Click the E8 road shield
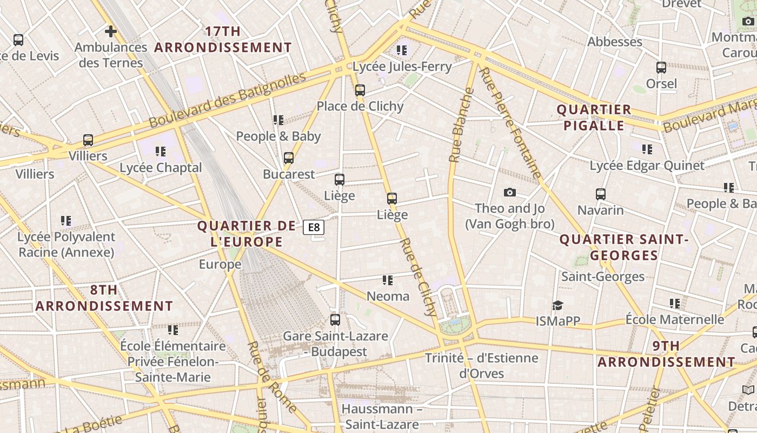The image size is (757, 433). (x=314, y=227)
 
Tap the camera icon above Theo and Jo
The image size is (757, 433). (x=509, y=192)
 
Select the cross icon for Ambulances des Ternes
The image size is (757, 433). (x=111, y=31)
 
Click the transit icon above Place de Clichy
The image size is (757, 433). (x=360, y=90)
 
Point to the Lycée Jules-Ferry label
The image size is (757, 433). (x=402, y=67)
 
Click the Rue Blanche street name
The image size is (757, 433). (x=461, y=125)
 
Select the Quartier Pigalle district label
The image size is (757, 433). (x=594, y=117)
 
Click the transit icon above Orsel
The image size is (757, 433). (x=661, y=68)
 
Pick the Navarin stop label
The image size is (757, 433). (x=600, y=210)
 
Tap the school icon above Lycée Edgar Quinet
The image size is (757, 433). (x=647, y=149)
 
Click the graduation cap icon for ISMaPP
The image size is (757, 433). (x=557, y=306)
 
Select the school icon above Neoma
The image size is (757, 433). (x=388, y=280)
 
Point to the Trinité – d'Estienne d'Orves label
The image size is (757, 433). (x=481, y=365)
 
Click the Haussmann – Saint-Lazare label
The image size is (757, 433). (x=382, y=416)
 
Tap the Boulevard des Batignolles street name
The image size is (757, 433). (x=227, y=100)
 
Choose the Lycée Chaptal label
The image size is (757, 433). (x=161, y=168)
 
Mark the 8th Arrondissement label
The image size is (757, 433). (x=104, y=298)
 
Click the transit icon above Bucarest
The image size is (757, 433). (x=289, y=158)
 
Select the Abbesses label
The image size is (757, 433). (x=615, y=42)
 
